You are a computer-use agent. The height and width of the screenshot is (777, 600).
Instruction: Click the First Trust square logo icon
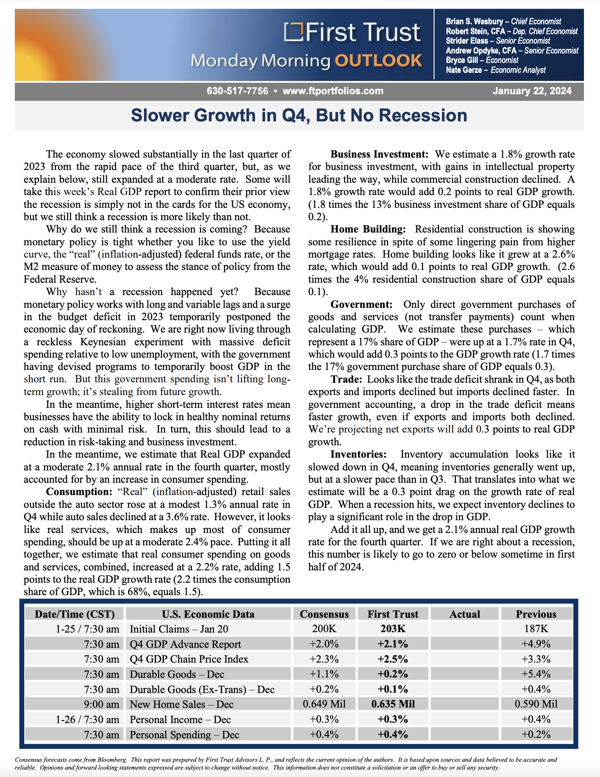293,32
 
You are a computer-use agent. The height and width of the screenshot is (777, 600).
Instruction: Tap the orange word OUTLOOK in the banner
378,60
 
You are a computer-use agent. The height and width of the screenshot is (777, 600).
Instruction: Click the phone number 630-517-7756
237,91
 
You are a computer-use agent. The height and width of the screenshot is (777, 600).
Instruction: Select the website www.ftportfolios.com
333,91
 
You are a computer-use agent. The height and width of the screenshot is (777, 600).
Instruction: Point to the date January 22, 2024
532,91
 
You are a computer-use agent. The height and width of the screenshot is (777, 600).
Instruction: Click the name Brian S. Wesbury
474,21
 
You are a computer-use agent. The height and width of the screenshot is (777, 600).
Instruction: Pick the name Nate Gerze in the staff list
464,70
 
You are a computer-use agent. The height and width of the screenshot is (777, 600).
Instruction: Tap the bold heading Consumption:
79,492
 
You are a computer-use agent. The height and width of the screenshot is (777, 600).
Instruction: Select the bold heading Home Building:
368,229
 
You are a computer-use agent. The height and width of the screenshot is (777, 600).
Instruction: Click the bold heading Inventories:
358,454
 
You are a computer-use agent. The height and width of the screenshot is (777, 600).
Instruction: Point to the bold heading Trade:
346,379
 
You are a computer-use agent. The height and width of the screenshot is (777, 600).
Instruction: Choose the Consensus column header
324,614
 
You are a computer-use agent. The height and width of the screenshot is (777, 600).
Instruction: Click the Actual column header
465,614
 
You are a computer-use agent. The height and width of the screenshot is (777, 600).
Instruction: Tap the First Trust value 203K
393,629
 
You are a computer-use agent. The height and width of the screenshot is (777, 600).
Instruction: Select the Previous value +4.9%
536,644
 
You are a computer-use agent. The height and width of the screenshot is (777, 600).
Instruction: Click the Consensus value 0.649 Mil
324,704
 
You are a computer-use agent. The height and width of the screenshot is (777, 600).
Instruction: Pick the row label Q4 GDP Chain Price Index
189,659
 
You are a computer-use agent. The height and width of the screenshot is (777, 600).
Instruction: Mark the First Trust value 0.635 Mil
393,704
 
